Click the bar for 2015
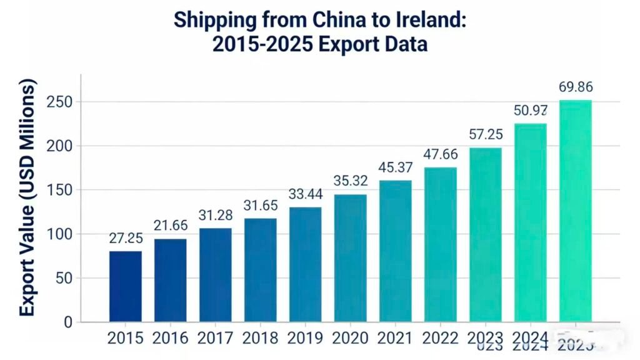click(x=126, y=286)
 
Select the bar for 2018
click(x=261, y=270)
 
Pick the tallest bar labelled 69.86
click(x=575, y=211)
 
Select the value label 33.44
click(x=306, y=194)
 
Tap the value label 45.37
click(x=396, y=167)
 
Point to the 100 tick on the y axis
click(x=60, y=234)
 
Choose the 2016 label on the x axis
click(x=171, y=338)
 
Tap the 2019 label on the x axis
click(x=306, y=338)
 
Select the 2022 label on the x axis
click(x=441, y=338)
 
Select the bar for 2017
click(x=216, y=275)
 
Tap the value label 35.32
click(x=351, y=181)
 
